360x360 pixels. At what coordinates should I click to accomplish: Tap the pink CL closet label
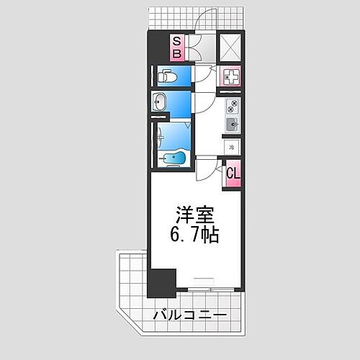point(232,174)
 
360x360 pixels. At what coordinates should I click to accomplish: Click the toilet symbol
point(165,75)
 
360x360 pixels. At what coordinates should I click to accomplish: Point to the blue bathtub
point(173,158)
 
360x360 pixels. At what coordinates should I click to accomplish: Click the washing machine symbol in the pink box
point(230,76)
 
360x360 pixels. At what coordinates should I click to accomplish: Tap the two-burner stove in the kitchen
point(231,107)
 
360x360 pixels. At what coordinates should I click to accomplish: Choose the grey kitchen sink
point(231,125)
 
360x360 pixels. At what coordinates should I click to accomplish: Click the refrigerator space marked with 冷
point(231,147)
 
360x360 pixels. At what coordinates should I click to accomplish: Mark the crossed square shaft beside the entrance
point(230,47)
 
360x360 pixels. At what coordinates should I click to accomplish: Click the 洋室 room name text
point(194,215)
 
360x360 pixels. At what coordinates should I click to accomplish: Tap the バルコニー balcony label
point(190,316)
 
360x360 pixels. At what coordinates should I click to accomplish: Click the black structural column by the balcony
point(161,283)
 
